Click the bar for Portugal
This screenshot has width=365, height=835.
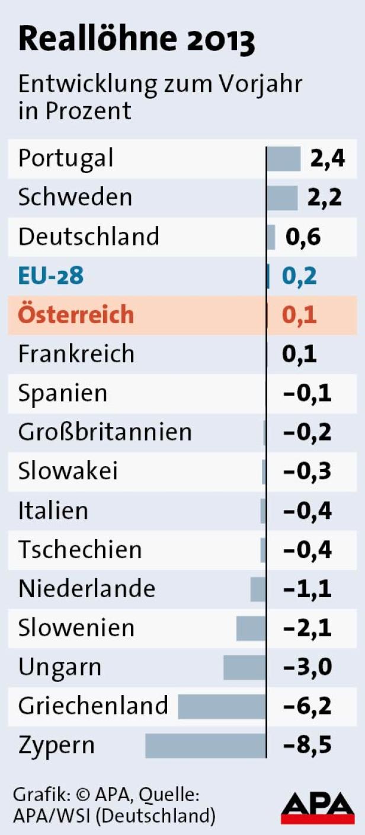pos(284,158)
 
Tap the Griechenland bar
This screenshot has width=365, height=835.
pos(222,706)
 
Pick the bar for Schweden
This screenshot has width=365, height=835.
pos(282,197)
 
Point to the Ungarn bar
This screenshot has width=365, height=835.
pos(245,667)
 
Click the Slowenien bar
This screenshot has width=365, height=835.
pos(251,628)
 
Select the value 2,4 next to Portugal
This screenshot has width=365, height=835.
pos(327,158)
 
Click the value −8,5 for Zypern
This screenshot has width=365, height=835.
pos(308,745)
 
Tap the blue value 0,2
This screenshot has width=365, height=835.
pos(299,276)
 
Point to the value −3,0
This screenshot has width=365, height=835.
pos(308,667)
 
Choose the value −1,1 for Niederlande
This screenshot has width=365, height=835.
pos(308,589)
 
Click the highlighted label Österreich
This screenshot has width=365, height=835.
pos(76,314)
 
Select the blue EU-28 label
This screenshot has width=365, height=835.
pos(51,276)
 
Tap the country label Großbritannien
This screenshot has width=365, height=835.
pos(105,432)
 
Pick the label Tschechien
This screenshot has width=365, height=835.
pos(80,549)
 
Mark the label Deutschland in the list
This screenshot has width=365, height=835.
pos(89,237)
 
